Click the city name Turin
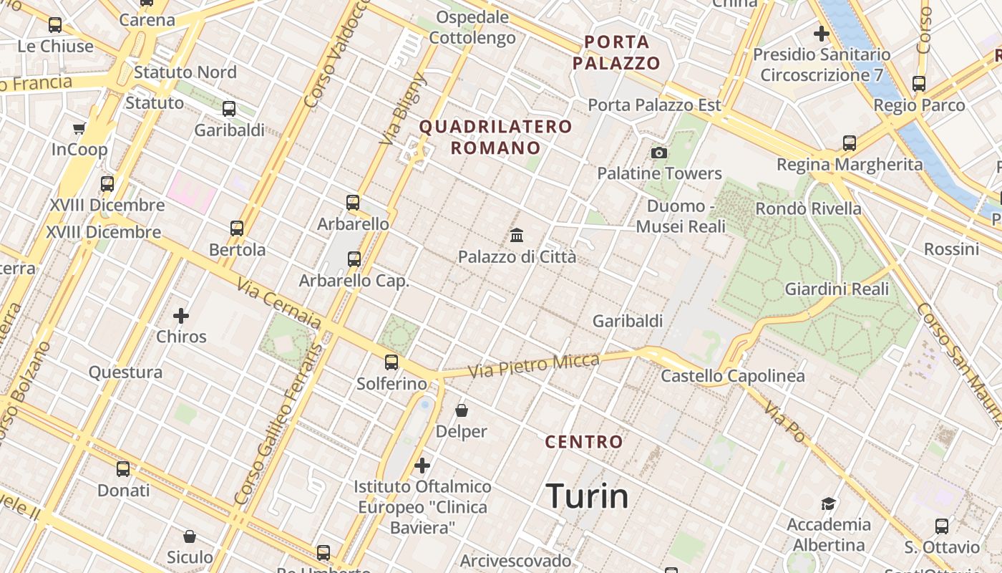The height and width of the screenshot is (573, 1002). point(587,496)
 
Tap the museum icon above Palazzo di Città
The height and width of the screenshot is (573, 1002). point(517,235)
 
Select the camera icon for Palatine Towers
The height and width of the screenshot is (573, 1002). point(659,153)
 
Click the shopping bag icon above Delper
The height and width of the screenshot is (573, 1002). point(462,410)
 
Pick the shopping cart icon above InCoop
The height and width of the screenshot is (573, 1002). point(79,129)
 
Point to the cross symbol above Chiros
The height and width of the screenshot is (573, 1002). point(181,315)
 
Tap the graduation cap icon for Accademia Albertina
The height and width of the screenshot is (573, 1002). point(828,504)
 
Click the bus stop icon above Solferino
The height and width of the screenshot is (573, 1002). point(391,362)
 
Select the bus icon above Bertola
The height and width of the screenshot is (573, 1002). point(237,228)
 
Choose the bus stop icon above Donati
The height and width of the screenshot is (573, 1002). point(123,469)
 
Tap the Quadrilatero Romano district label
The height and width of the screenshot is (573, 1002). point(495,138)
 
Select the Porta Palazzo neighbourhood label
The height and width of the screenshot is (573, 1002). point(616,52)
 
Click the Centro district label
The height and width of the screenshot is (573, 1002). point(584,442)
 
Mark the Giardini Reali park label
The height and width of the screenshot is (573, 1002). point(837,289)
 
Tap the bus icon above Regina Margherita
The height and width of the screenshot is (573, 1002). point(850,143)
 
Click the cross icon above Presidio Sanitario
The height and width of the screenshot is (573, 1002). point(822,33)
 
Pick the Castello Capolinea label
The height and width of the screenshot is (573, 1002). point(732,376)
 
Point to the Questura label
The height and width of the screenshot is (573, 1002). point(125,372)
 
